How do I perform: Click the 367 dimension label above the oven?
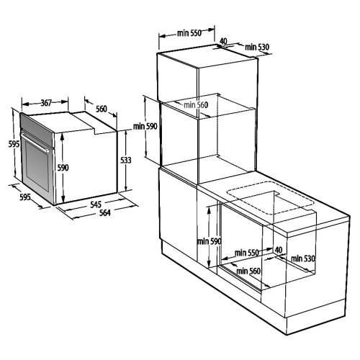[45, 104]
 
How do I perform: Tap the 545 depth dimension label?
[96, 204]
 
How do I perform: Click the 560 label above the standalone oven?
[102, 109]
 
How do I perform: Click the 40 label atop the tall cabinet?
[223, 42]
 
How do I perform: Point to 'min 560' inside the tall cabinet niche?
[195, 105]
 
